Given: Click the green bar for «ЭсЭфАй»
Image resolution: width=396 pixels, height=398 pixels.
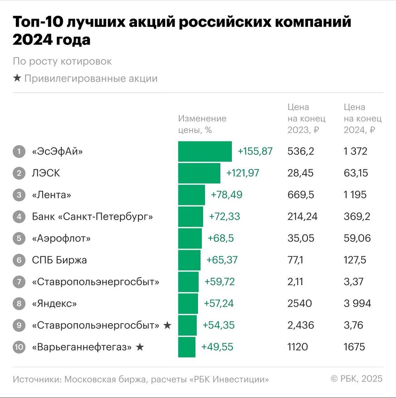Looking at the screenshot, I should click(205, 151).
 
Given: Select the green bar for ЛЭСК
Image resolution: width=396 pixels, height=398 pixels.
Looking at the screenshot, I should click(199, 173).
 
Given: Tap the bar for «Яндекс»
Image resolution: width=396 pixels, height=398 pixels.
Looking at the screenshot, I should click(188, 304).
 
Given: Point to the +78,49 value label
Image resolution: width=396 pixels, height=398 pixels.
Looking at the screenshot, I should click(226, 195).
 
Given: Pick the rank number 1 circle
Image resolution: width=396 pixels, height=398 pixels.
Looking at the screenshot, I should click(19, 152).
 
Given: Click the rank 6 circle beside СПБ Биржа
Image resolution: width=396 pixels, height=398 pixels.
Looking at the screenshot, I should click(19, 260).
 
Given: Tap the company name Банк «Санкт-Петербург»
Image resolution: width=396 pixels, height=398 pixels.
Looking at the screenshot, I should click(92, 216).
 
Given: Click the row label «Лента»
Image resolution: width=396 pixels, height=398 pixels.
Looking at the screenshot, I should click(52, 195).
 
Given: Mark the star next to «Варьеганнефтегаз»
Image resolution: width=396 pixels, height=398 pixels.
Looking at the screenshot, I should click(140, 347).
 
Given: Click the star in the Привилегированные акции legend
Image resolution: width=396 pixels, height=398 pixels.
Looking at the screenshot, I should click(17, 79).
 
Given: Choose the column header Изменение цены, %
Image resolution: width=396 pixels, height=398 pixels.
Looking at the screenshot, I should click(202, 124).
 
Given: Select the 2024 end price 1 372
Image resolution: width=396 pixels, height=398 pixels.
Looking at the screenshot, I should click(355, 151).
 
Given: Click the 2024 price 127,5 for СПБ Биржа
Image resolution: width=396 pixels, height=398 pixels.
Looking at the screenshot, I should click(355, 260).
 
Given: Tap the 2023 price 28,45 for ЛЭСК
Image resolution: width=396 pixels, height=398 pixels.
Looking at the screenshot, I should click(300, 173).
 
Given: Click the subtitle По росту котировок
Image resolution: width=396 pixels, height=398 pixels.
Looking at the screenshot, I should click(62, 61).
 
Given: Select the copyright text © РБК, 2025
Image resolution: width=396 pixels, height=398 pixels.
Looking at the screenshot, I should click(356, 378).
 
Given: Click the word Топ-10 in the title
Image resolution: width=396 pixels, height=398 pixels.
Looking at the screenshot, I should click(36, 23).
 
